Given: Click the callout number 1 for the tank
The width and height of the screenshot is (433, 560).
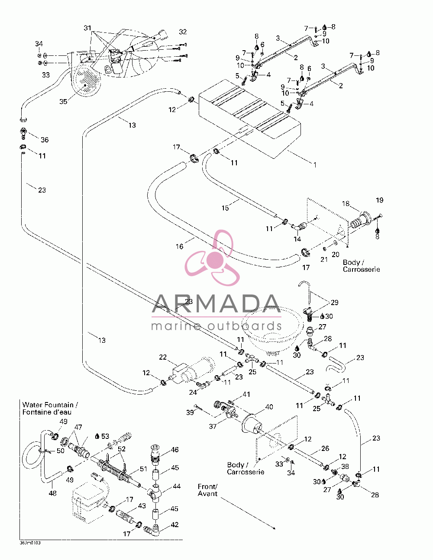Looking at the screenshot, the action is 315,165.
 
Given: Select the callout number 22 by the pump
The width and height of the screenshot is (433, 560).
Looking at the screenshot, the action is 163,357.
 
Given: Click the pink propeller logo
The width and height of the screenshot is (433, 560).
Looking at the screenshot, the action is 212,257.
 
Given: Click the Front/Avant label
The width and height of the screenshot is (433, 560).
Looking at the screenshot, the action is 208,490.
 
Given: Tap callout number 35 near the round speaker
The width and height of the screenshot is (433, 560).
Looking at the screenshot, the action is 63,102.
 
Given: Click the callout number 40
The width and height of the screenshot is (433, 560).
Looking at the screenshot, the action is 269,407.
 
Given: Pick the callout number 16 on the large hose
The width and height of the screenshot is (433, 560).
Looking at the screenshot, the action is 179,247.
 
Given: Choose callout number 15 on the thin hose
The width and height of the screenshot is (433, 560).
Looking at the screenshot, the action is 225,208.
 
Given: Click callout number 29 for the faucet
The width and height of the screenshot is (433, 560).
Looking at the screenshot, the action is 335,303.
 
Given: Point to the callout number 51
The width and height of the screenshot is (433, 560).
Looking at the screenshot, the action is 143,469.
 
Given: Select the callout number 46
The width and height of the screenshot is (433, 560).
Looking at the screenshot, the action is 175,450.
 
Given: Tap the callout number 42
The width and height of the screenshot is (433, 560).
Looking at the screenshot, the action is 175,525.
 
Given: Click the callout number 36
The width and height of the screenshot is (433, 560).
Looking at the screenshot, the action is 45,140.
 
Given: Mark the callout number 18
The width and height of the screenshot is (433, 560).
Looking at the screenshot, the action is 346,203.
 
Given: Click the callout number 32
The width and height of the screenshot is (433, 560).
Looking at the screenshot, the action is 183,32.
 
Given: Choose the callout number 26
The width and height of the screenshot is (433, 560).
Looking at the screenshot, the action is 325,448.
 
